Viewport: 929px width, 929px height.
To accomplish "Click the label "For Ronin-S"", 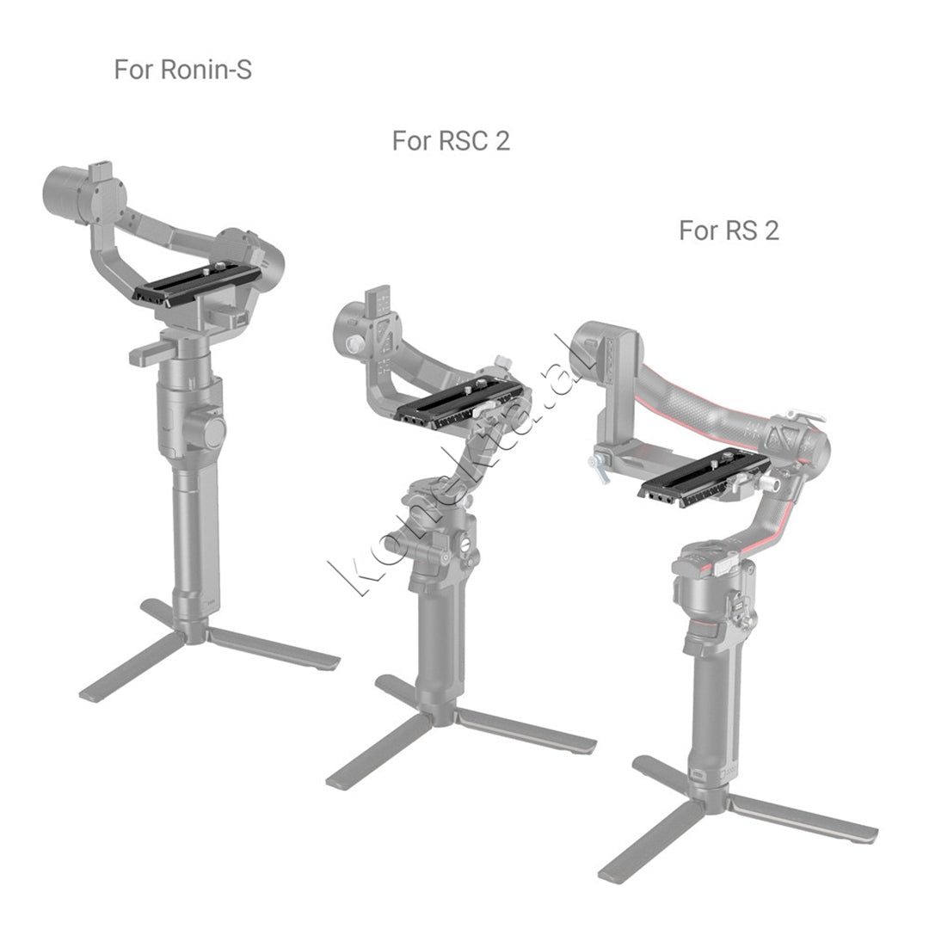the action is (182, 70).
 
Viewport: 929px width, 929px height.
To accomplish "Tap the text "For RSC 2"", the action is (451, 141).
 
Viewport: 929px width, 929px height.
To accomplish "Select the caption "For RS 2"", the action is (729, 230).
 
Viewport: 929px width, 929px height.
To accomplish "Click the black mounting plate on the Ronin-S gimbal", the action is (197, 285).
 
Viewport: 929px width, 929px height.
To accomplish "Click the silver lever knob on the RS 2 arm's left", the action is (599, 465).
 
